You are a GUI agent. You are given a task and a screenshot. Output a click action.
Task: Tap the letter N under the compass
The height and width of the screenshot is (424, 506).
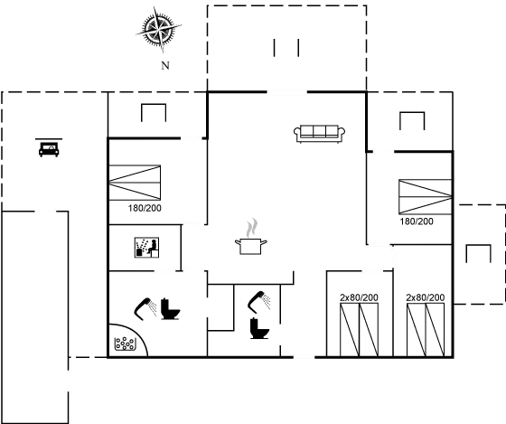pos(164,66)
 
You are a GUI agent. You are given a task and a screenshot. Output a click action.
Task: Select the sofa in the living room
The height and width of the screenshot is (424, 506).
pos(321,134)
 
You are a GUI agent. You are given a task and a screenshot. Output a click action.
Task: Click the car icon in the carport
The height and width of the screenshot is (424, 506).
pos(48,148)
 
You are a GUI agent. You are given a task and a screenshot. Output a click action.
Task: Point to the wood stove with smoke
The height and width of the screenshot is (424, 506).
pos(253,238)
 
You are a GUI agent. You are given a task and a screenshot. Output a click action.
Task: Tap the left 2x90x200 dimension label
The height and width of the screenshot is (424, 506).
pos(359,297)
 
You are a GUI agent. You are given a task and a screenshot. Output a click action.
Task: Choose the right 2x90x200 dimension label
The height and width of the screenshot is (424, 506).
pos(424,297)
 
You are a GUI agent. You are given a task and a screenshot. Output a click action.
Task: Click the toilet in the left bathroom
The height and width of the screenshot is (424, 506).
pos(172,310)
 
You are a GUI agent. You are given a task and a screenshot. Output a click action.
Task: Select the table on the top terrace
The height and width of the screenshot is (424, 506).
pos(285,48)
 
